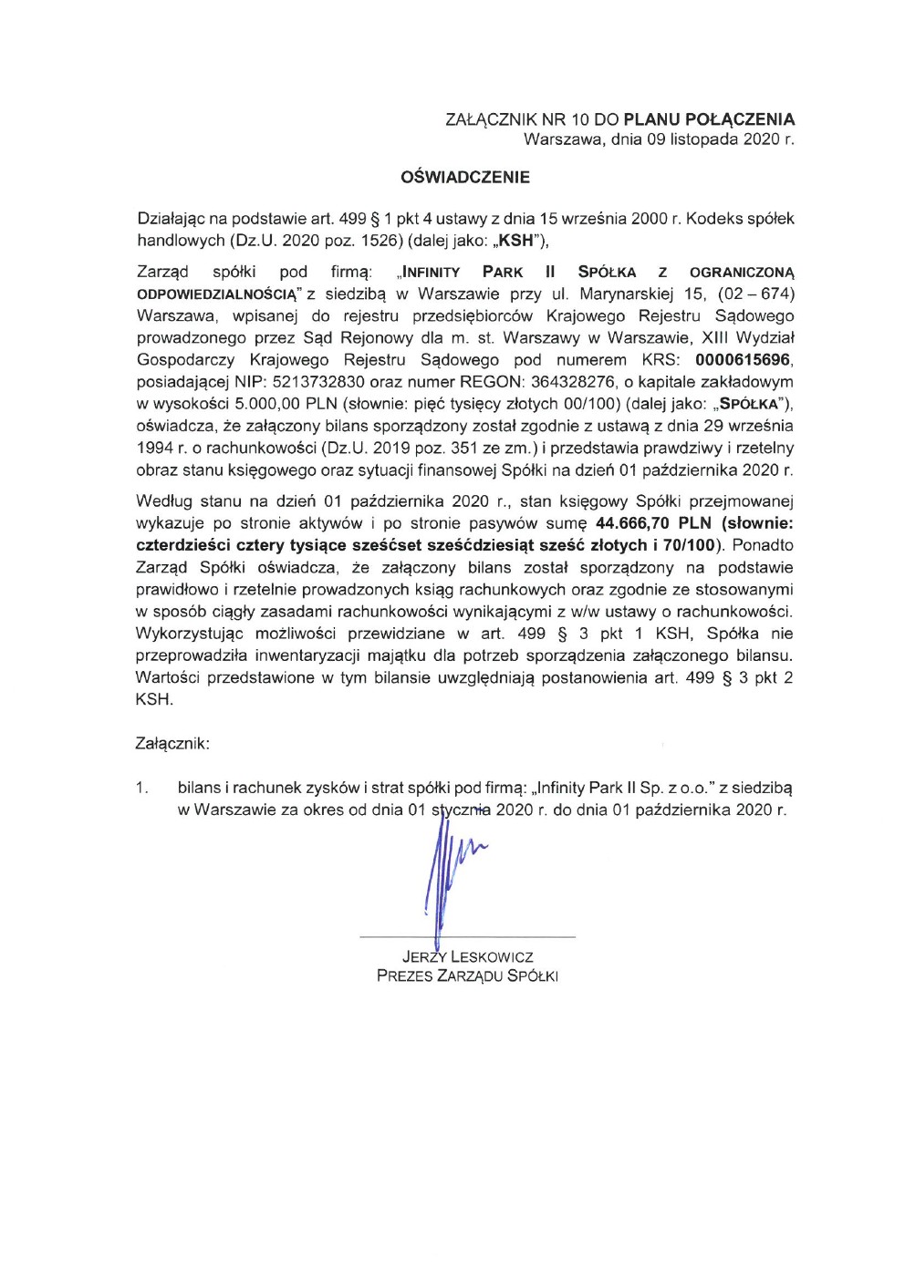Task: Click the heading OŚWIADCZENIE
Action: tap(465, 177)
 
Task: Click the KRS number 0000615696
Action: tap(743, 360)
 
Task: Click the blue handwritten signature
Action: tap(447, 875)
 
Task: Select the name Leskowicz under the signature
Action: tap(492, 957)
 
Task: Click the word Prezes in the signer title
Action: tap(404, 976)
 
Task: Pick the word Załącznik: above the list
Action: tap(172, 744)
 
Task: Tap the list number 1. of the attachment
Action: tap(142, 788)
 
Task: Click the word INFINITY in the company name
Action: tap(432, 273)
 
